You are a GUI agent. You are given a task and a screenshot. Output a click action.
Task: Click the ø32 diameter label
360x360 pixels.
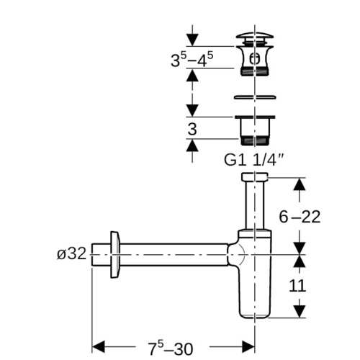71,253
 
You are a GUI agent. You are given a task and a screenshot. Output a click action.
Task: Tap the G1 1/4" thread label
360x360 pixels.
254,160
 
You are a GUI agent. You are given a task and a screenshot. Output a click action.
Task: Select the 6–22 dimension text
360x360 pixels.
300,217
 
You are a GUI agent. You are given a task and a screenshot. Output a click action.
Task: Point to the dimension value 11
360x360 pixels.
297,286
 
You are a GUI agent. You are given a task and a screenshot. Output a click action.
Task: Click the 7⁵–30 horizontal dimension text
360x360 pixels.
170,348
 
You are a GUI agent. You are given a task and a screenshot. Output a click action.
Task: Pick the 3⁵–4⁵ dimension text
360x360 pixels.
192,59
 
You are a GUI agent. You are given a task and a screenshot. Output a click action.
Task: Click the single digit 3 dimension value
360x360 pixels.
192,129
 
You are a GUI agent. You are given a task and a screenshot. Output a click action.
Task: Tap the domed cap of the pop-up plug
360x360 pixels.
255,35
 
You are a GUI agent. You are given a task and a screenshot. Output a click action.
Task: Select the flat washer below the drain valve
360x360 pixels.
255,97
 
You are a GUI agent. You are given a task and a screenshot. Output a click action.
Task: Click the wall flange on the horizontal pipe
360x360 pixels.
115,255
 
